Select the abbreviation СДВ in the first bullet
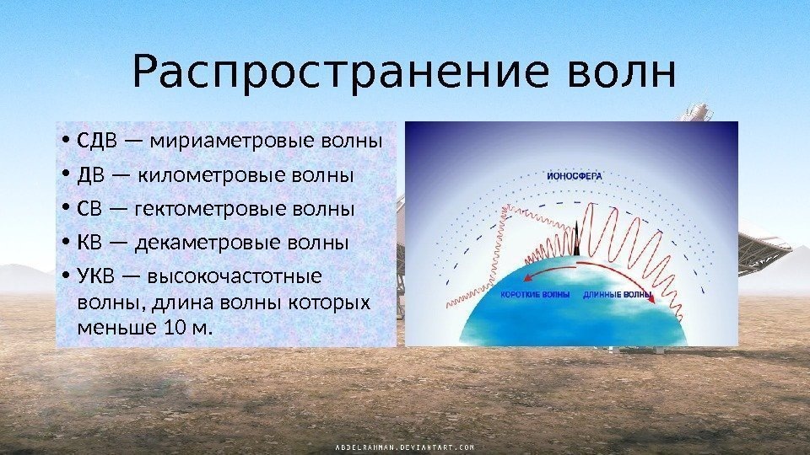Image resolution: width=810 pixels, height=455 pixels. click(x=96, y=138)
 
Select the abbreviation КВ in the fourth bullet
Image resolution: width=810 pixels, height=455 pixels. click(x=90, y=244)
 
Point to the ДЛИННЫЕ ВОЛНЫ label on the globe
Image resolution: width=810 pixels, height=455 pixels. click(x=618, y=295)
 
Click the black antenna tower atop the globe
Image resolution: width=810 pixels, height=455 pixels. click(x=577, y=238)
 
